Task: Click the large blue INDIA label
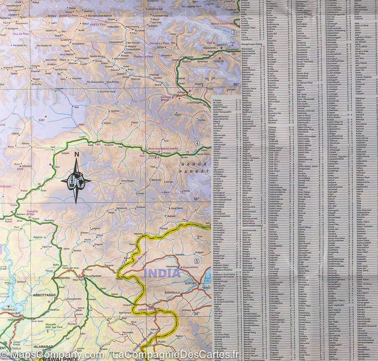point(162,273)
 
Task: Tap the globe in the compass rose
point(76,181)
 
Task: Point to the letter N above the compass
point(76,154)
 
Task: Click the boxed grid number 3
point(233,32)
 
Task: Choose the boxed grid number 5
point(197,261)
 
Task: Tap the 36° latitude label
point(236,84)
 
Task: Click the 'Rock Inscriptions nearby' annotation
point(163,148)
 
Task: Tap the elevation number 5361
point(42,120)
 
